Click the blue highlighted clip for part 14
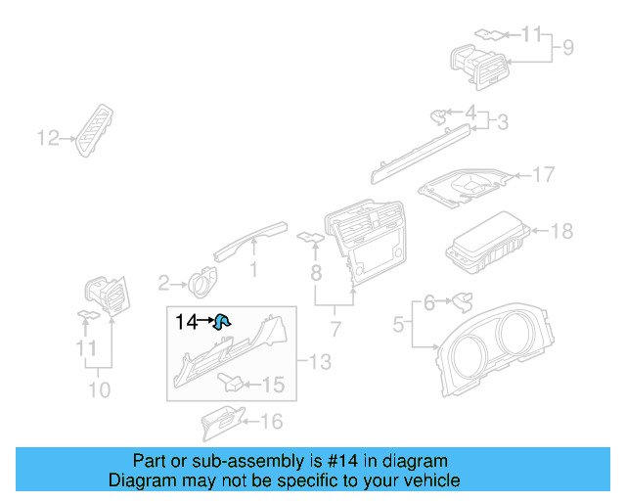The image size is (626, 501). [x=222, y=319]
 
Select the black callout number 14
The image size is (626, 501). [x=186, y=321]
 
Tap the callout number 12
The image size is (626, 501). [x=49, y=138]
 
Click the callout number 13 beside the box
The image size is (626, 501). [x=321, y=363]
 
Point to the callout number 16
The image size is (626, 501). [x=271, y=422]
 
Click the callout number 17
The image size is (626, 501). [x=543, y=175]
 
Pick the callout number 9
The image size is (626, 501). [x=567, y=46]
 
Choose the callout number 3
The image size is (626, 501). [x=502, y=122]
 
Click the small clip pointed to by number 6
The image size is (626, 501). [x=461, y=299]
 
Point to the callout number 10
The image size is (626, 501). [x=98, y=389]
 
